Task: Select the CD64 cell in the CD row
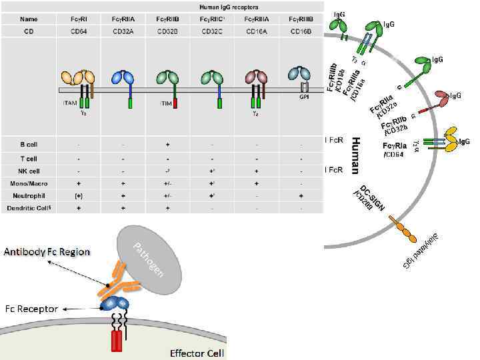point(78,31)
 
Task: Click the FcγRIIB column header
point(168,19)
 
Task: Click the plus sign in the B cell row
point(168,144)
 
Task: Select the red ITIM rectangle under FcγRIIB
point(175,103)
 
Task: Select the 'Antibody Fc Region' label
point(46,252)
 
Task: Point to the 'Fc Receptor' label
point(31,309)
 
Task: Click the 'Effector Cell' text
point(197,353)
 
